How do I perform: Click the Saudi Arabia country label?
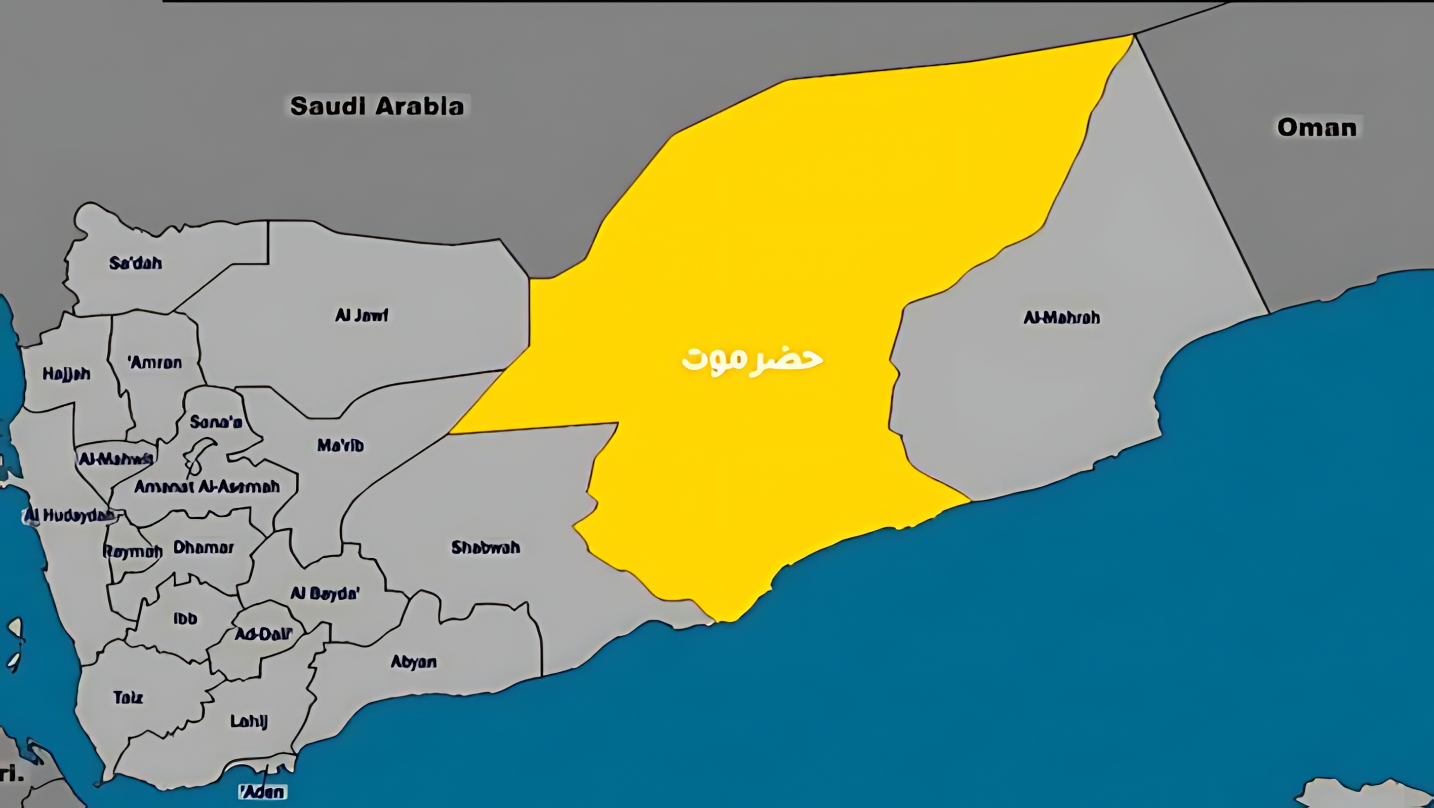[x=377, y=106]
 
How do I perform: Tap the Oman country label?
[x=1317, y=128]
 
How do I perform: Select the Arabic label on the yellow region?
[x=752, y=360]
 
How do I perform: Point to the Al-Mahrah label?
[x=1062, y=318]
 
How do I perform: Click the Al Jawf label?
[x=361, y=315]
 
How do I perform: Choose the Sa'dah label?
[x=135, y=263]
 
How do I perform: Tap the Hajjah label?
[x=66, y=374]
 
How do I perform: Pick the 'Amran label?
[x=155, y=363]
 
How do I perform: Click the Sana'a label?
[x=216, y=422]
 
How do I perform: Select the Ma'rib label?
[x=340, y=445]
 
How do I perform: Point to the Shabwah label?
[x=486, y=548]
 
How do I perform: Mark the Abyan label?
[x=414, y=662]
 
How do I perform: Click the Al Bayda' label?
[x=325, y=594]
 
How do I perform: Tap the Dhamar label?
[x=203, y=548]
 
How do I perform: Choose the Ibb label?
[x=185, y=619]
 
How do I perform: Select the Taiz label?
[x=128, y=697]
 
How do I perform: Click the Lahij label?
[x=249, y=722]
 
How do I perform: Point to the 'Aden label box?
[x=262, y=791]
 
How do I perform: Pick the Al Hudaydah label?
[x=69, y=516]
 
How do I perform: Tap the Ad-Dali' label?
[x=263, y=634]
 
